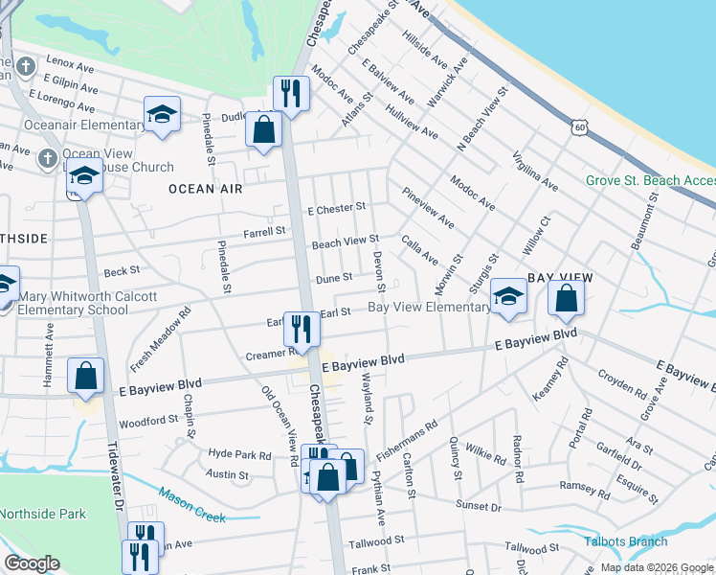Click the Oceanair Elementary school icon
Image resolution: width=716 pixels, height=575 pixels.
tap(163, 114)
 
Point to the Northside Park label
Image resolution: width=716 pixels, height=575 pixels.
tap(43, 514)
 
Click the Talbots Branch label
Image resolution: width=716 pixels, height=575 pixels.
tap(627, 541)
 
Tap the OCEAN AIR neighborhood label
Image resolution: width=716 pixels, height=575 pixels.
tap(205, 189)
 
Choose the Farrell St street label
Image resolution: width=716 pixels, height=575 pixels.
tap(264, 231)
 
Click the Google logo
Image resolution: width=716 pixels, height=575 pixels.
tap(32, 563)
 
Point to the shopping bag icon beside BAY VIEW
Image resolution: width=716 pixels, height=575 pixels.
tap(567, 299)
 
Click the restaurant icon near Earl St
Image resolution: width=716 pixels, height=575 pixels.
tap(302, 329)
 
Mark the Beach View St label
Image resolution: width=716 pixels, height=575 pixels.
tap(346, 240)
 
